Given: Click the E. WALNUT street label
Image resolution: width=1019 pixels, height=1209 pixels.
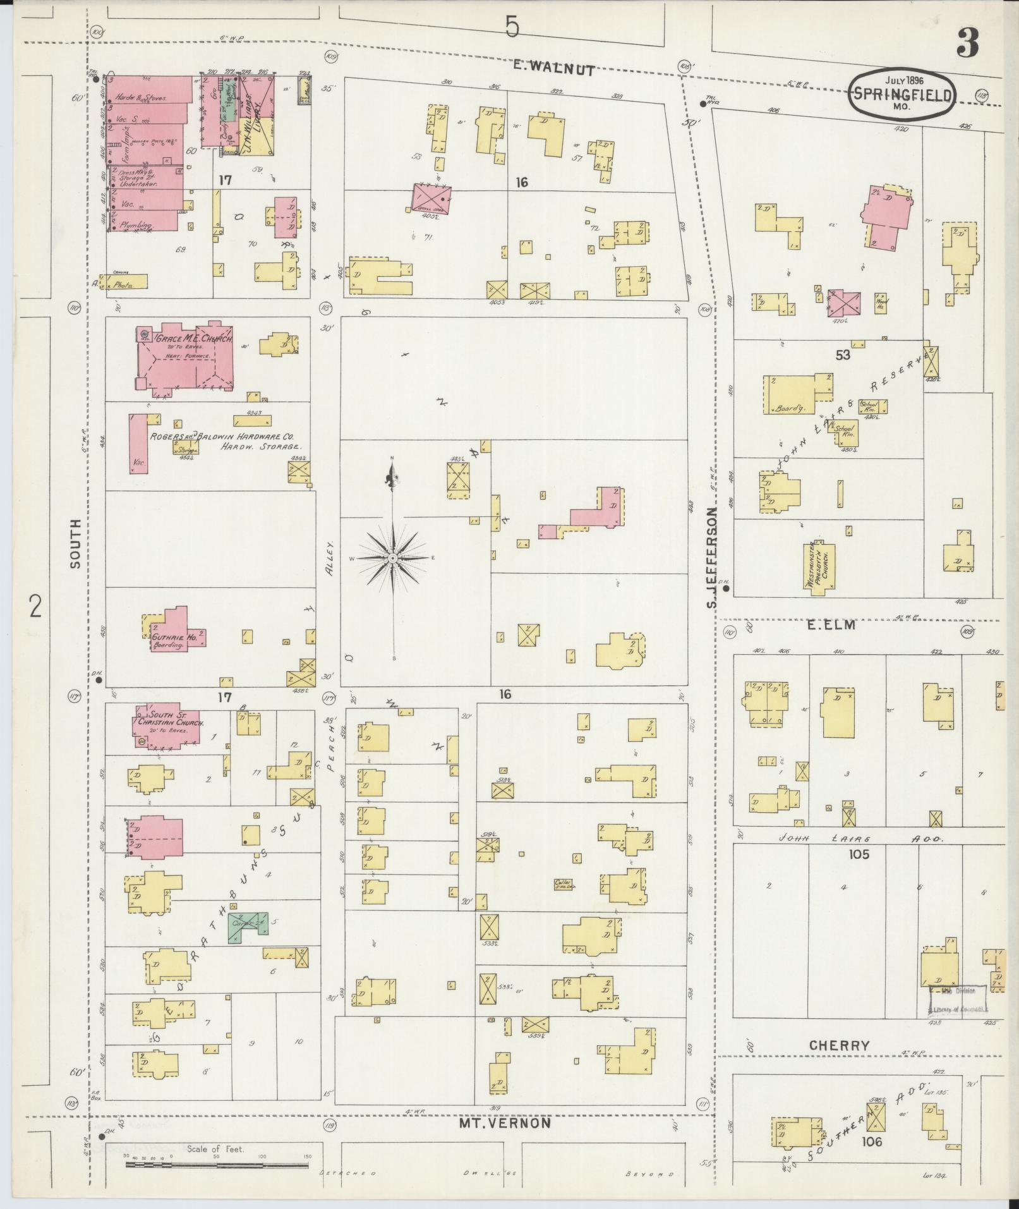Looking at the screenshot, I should click(553, 70).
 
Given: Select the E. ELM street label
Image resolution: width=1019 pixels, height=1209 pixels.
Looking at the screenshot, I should click(830, 625).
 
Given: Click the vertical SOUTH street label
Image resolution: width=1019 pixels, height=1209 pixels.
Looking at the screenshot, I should click(76, 544).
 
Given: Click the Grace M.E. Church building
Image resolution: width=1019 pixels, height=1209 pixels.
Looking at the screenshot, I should click(183, 360).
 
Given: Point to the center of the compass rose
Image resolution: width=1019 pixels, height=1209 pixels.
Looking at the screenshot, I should click(393, 559).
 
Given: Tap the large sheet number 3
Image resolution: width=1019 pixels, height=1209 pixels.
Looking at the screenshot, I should click(967, 42).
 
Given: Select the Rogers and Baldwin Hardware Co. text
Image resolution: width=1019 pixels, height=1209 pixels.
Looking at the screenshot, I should click(221, 437).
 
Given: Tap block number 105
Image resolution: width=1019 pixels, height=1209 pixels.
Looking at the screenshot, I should click(860, 854).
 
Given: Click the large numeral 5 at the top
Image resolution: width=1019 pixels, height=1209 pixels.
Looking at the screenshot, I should click(512, 27).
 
